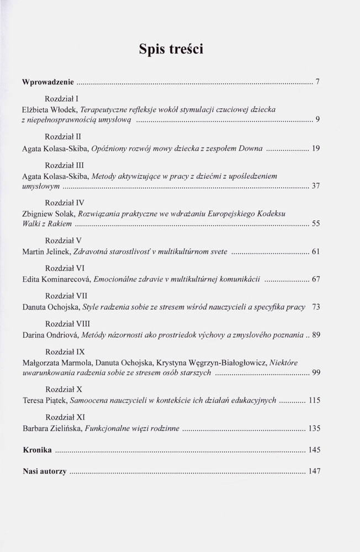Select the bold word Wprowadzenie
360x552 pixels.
(x=48, y=82)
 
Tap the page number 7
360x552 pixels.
(x=318, y=82)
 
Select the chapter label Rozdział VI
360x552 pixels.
(x=66, y=268)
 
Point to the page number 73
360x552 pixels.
(x=316, y=307)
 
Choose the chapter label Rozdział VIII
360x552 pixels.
(x=67, y=323)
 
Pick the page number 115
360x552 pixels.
(x=315, y=401)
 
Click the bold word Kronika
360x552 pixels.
(x=38, y=450)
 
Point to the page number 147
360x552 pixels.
(x=315, y=471)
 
